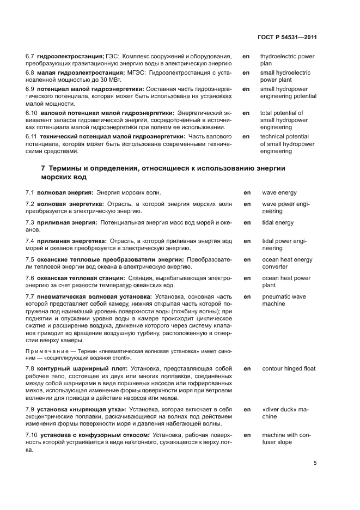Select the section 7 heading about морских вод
click(163, 173)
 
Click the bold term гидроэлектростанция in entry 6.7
click(71, 57)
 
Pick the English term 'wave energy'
click(279, 193)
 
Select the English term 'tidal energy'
click(278, 223)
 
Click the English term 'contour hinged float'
click(289, 369)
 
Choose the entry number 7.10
click(33, 435)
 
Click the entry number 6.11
click(33, 137)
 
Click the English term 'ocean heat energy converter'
click(287, 264)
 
